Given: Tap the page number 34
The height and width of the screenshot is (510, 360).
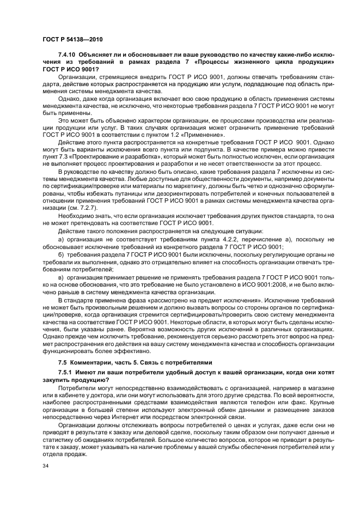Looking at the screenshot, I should tap(46, 466).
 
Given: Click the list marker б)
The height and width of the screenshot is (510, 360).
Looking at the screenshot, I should tap(62, 255).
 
